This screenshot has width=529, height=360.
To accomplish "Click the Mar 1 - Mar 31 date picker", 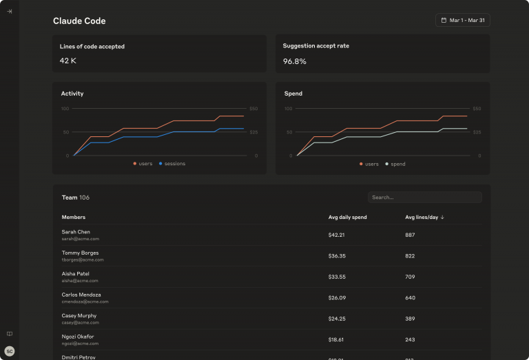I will tap(463, 21).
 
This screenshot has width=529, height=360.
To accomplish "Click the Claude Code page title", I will tap(79, 21).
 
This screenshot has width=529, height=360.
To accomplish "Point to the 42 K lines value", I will tap(68, 61).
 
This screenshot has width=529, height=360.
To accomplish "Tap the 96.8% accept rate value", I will tap(295, 61).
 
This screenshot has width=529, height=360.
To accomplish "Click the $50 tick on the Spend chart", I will tap(477, 109).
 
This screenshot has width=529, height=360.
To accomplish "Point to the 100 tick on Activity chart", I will tap(65, 109).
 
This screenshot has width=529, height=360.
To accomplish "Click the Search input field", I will tap(424, 198).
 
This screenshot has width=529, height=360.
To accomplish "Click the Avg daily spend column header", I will tap(347, 218).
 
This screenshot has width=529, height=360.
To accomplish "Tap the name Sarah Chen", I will tap(76, 232).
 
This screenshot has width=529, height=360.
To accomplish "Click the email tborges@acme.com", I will tap(83, 260).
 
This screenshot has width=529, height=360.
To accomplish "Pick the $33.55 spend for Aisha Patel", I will tap(337, 277).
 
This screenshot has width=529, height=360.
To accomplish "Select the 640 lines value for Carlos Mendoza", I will tap(410, 298).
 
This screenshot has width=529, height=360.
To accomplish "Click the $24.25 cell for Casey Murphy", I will tap(337, 319).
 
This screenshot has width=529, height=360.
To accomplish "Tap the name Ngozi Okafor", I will tap(79, 337).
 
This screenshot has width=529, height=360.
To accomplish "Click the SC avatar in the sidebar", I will tap(10, 351).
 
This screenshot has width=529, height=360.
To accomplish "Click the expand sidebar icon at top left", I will tap(10, 11).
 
